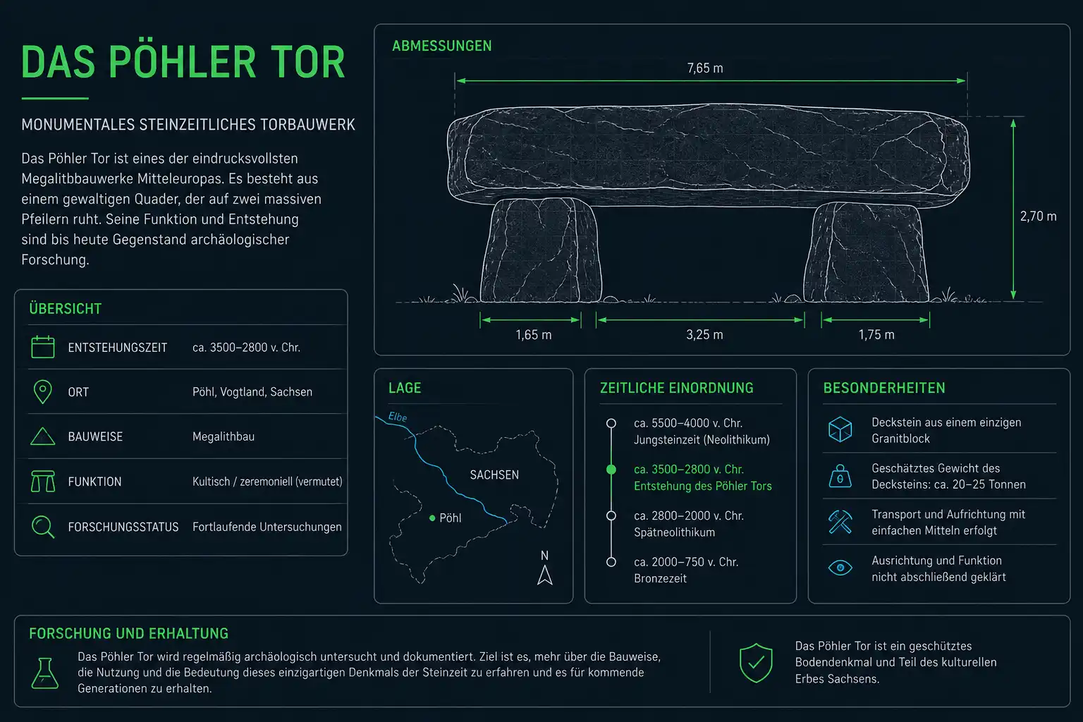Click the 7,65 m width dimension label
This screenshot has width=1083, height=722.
[705, 68]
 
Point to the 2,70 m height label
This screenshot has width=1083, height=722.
[1038, 216]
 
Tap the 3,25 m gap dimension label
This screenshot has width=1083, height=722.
[704, 335]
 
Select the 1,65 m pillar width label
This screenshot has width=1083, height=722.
[533, 335]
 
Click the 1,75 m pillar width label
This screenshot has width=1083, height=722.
[876, 335]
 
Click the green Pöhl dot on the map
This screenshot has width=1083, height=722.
[432, 518]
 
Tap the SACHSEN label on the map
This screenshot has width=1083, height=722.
[494, 475]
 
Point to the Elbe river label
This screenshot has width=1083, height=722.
[398, 417]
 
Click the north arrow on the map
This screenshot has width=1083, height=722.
[545, 575]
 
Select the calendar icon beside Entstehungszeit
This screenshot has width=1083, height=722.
[42, 347]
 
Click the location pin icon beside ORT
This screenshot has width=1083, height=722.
[42, 392]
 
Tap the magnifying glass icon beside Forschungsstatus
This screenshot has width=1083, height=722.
[43, 527]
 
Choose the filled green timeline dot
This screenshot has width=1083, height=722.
[611, 470]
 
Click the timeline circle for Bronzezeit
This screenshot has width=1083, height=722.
[611, 562]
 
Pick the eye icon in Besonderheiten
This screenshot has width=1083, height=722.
[840, 568]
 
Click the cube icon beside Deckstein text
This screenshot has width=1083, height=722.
[840, 429]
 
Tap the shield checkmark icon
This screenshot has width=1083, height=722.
[756, 663]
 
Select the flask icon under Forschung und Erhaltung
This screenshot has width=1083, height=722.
[45, 673]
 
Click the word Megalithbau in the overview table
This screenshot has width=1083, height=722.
[224, 436]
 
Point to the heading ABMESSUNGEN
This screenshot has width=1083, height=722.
[442, 46]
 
